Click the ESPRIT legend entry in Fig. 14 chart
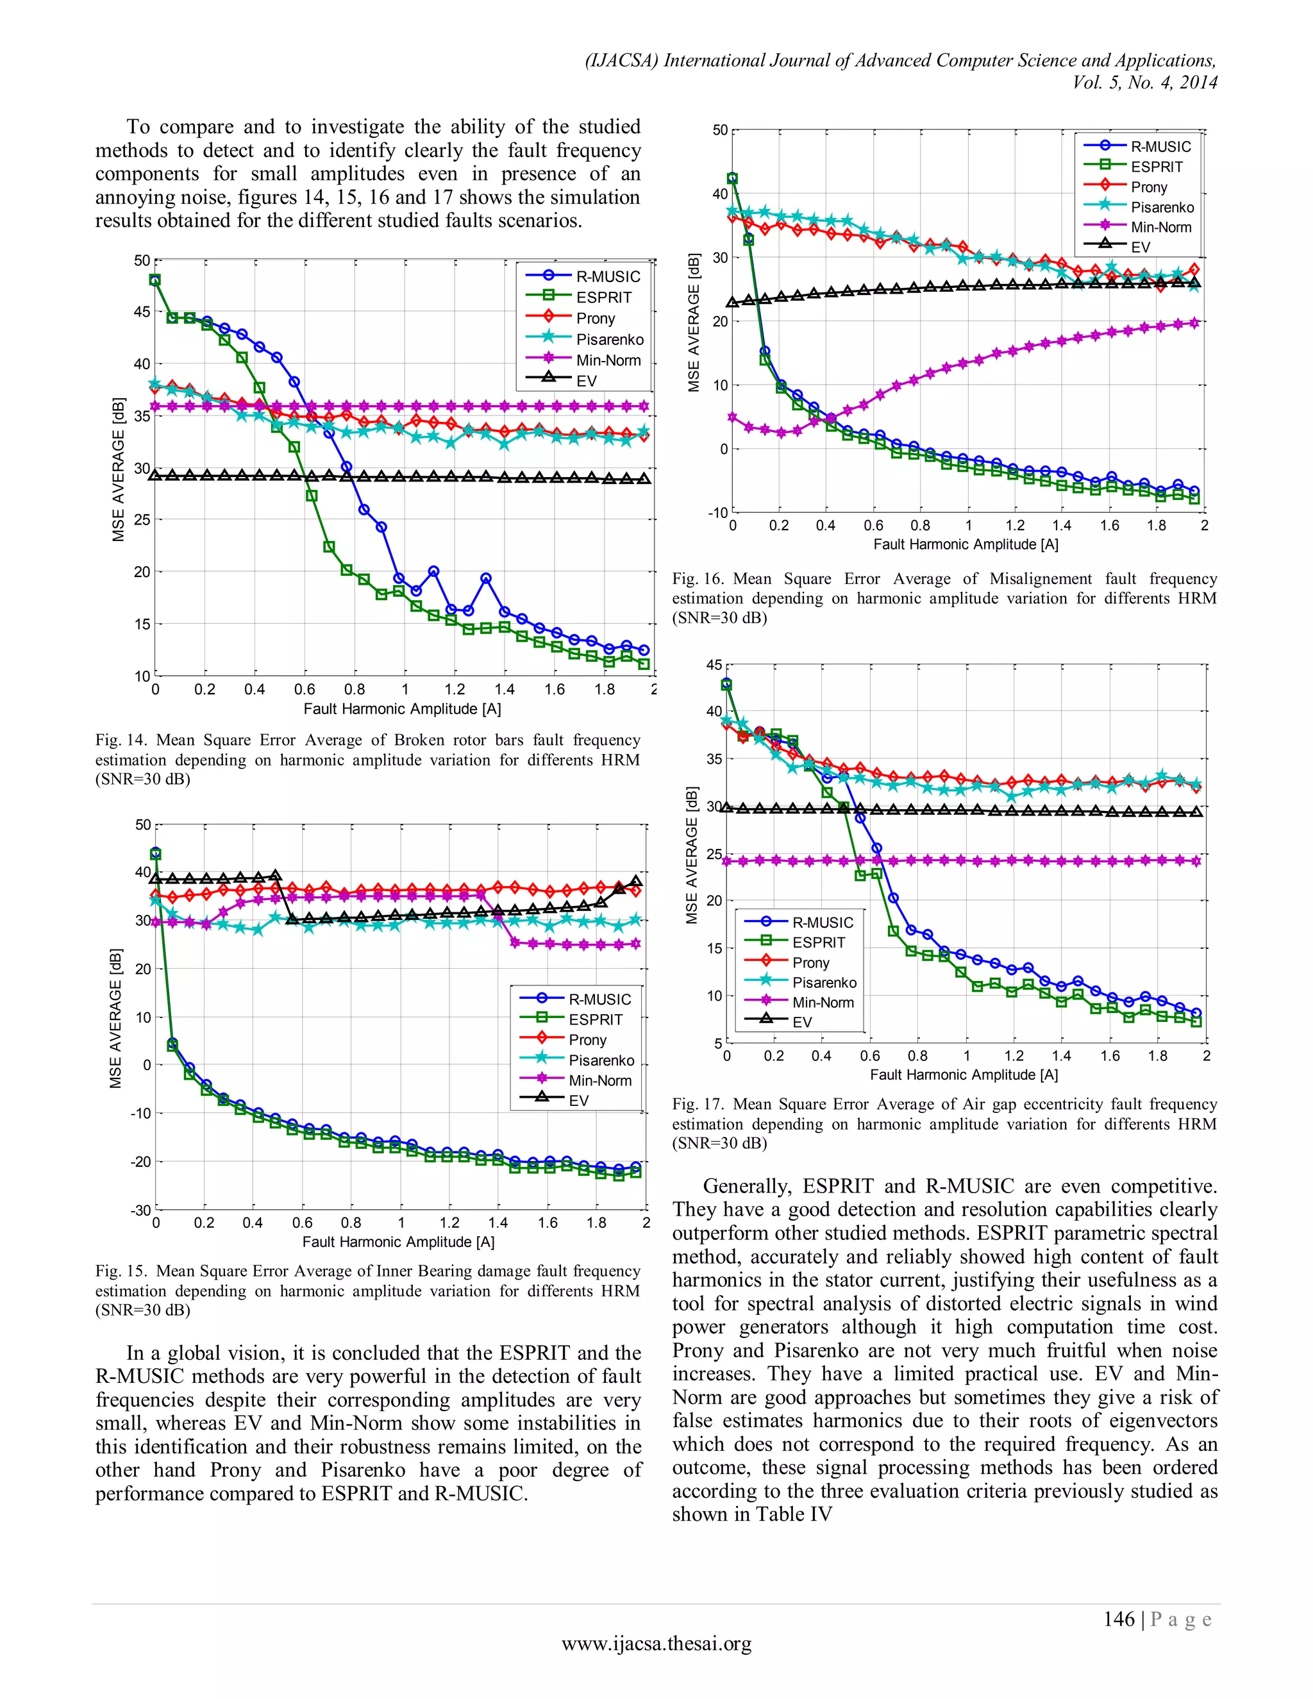603,297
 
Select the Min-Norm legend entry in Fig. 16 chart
1160,227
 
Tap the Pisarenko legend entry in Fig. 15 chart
601,1060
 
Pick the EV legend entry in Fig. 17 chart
802,1022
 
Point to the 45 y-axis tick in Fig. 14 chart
142,312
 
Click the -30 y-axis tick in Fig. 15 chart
140,1210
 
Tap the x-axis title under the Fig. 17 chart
964,1075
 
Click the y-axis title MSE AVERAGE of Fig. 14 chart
118,469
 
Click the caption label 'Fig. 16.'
698,579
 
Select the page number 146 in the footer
1119,1619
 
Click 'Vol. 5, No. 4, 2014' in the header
1144,83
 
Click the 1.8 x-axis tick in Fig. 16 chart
1156,526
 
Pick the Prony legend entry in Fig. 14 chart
595,318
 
